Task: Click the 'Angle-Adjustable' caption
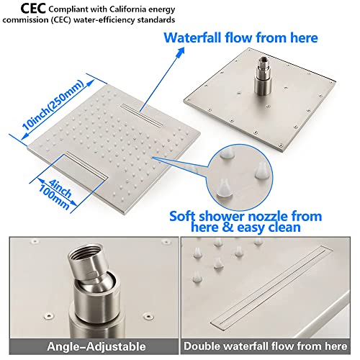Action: tap(90, 346)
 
